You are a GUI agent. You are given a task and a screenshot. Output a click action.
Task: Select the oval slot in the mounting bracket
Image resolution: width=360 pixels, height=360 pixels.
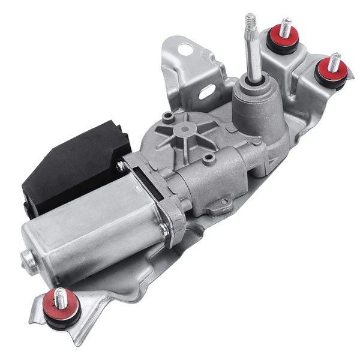coord(208,92)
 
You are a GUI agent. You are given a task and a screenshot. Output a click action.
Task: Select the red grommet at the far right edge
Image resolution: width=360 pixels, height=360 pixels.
coord(332,71)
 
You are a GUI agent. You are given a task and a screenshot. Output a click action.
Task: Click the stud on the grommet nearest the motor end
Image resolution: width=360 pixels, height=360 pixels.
coord(60,296)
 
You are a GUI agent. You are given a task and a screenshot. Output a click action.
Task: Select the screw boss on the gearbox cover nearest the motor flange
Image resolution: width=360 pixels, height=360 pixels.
coord(208,160)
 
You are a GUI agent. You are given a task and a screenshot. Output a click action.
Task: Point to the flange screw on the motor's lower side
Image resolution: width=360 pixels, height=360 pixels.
coord(164,228)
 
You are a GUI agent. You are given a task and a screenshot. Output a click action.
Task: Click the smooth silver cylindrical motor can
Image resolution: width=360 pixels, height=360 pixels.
coord(90,228)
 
